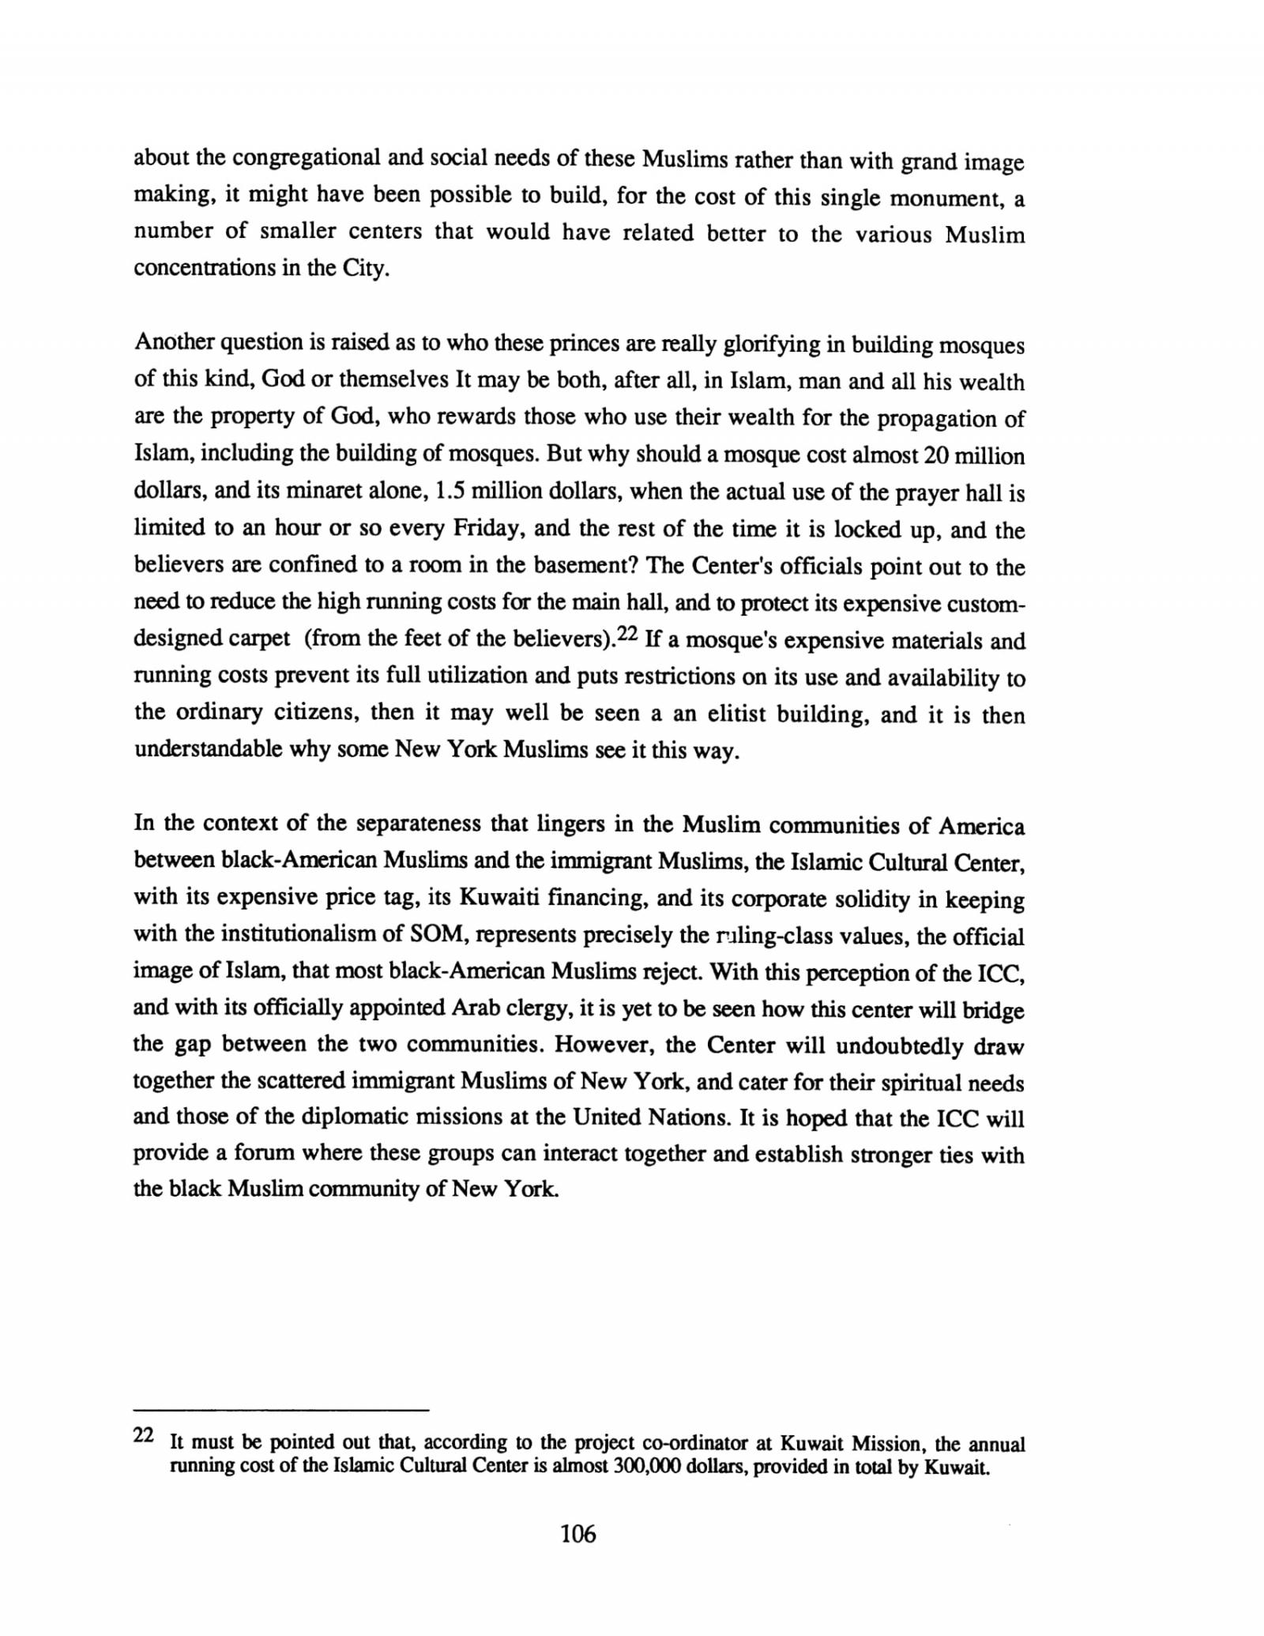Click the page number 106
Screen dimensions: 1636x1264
[x=577, y=1534]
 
